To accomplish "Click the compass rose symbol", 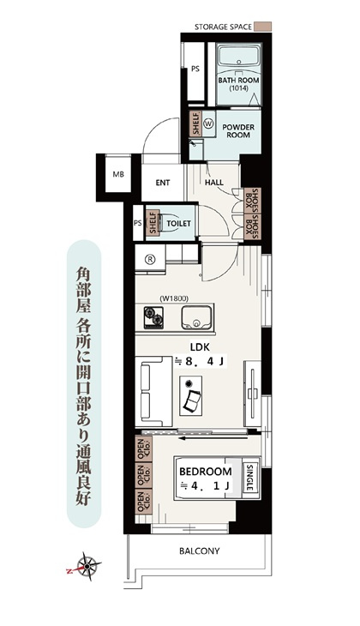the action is pyautogui.click(x=85, y=566).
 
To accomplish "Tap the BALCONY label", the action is pyautogui.click(x=199, y=551).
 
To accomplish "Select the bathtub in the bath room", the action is pyautogui.click(x=238, y=58).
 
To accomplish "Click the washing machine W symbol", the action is pyautogui.click(x=208, y=123).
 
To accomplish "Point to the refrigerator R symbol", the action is pyautogui.click(x=150, y=260).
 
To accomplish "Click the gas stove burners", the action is pyautogui.click(x=153, y=316).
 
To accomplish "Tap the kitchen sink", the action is pyautogui.click(x=196, y=317).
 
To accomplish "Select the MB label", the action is pyautogui.click(x=118, y=174).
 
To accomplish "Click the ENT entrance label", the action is pyautogui.click(x=163, y=183).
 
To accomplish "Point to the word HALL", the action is pyautogui.click(x=214, y=183).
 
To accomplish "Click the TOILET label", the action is pyautogui.click(x=178, y=224).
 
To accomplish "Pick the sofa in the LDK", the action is pyautogui.click(x=153, y=392).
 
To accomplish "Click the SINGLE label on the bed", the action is pyautogui.click(x=250, y=478).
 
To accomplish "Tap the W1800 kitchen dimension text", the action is pyautogui.click(x=174, y=298).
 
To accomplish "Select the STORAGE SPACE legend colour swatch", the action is pyautogui.click(x=263, y=27).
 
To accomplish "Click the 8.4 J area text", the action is pyautogui.click(x=200, y=362).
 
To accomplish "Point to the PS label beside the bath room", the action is pyautogui.click(x=195, y=69).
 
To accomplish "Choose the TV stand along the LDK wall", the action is pyautogui.click(x=253, y=394).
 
